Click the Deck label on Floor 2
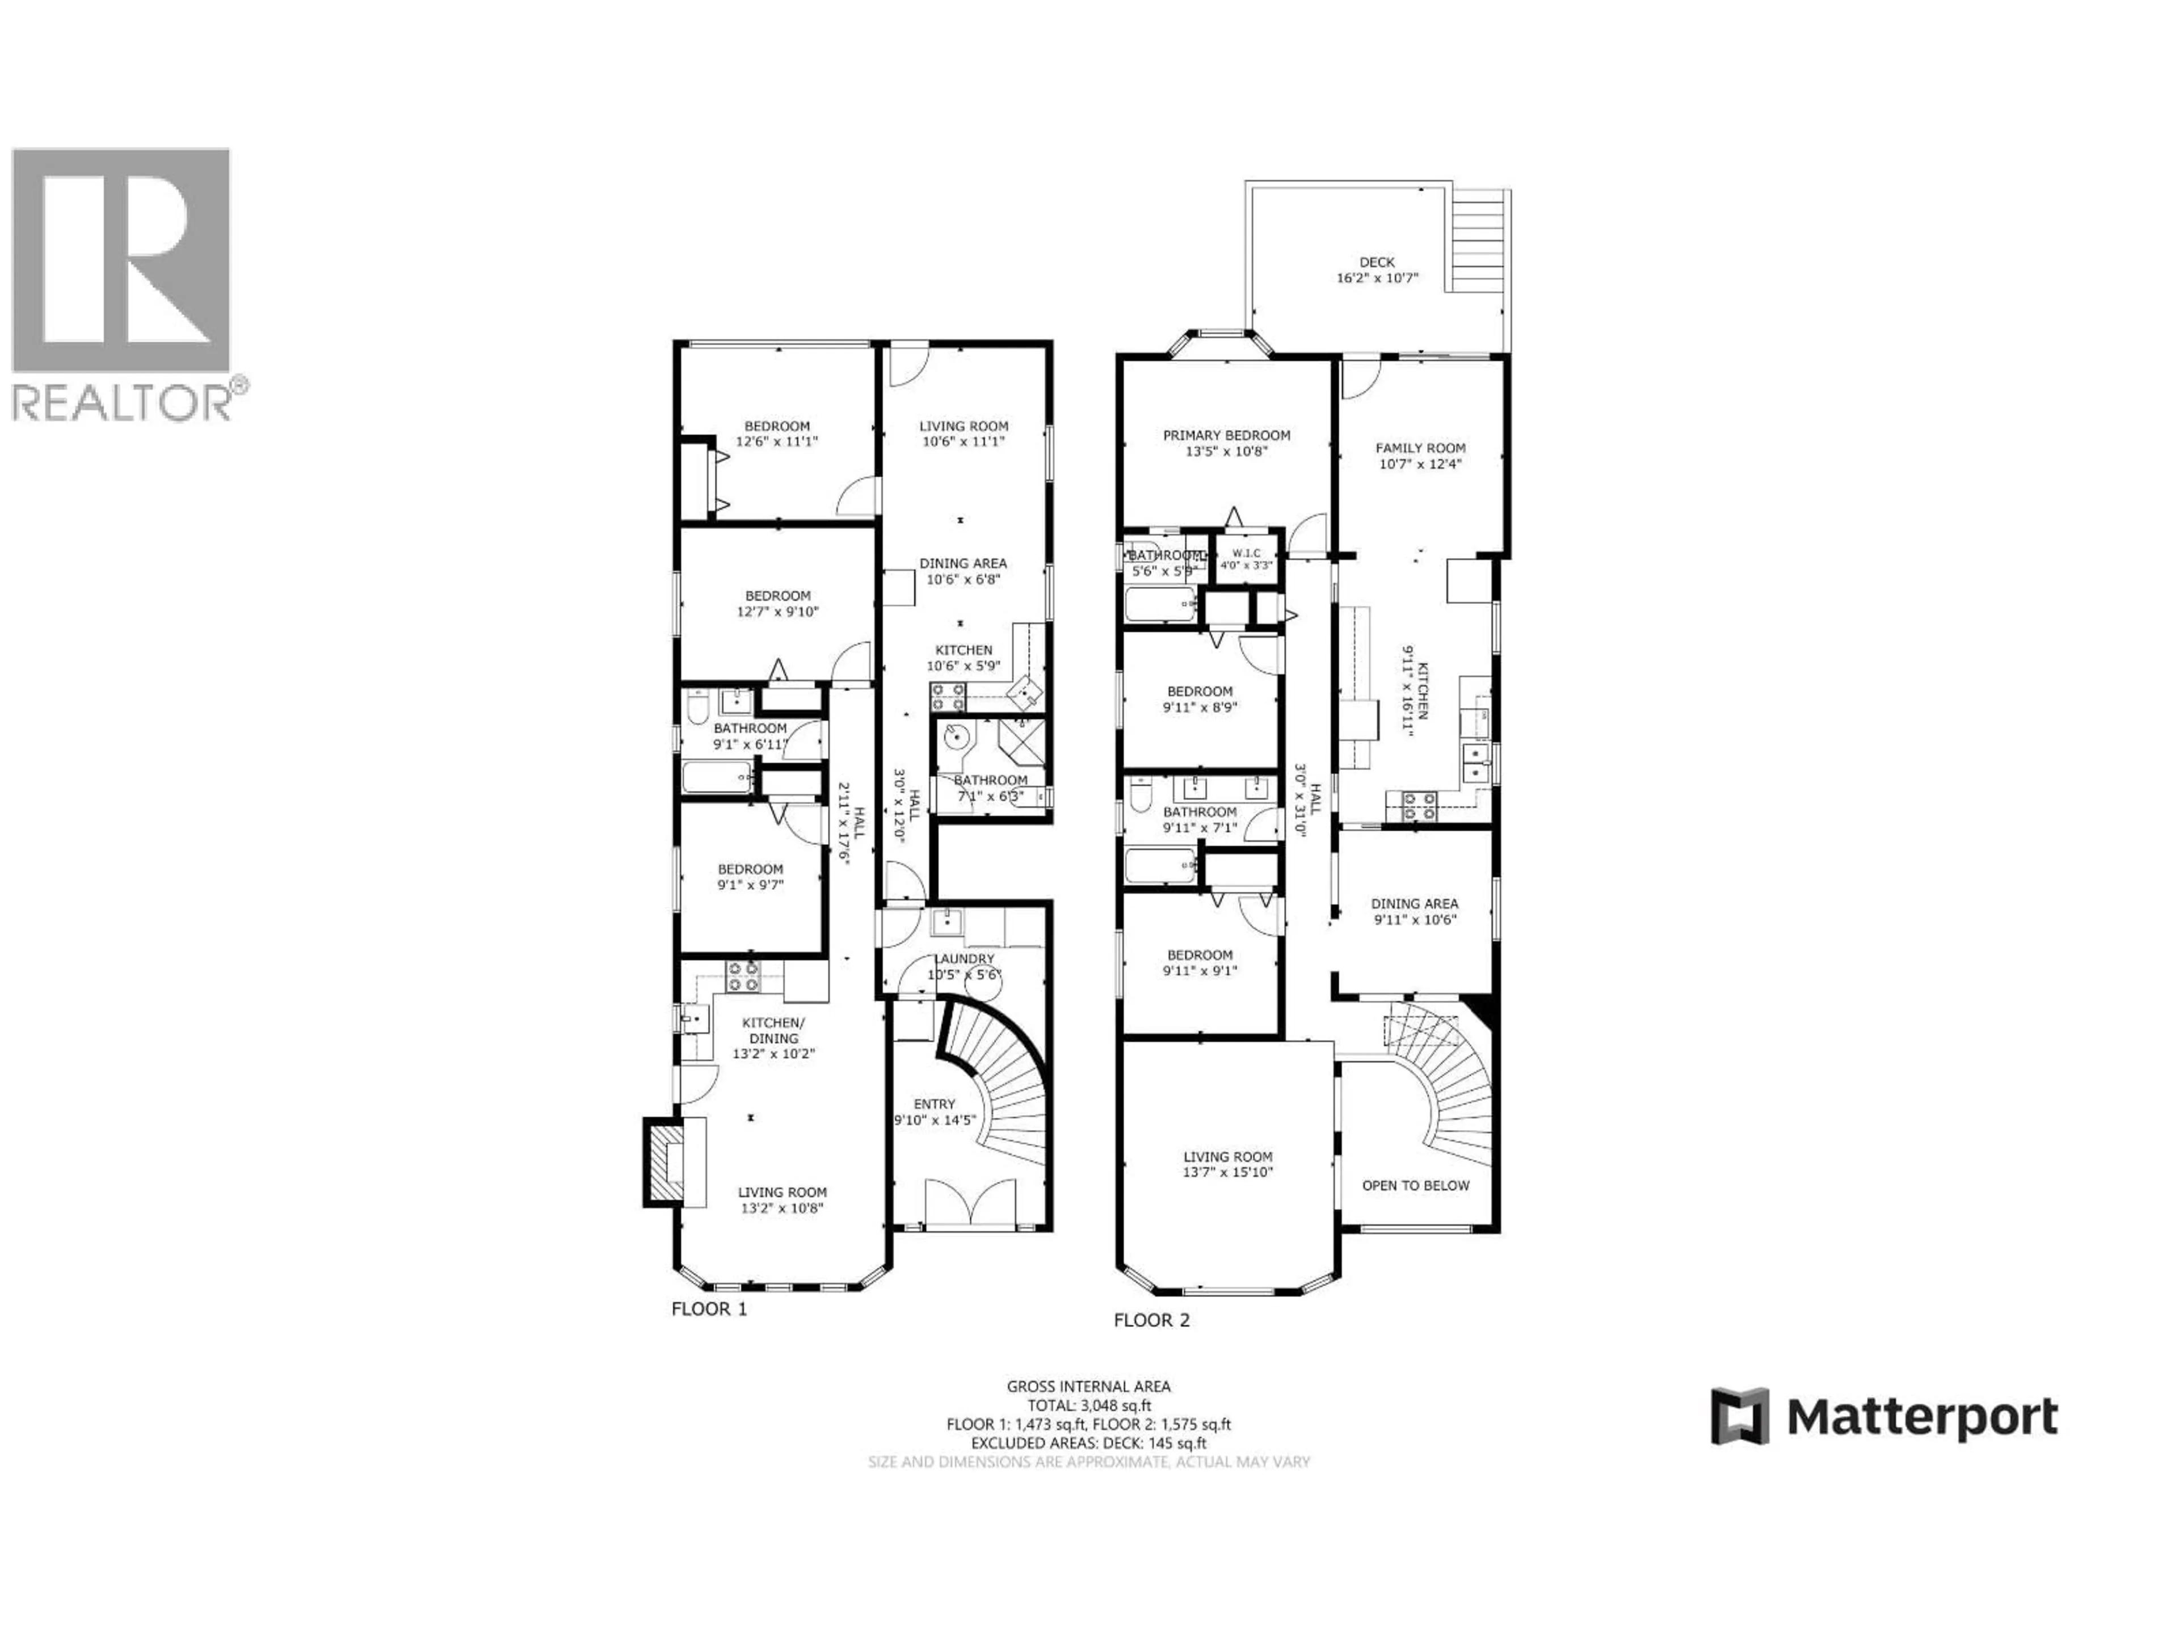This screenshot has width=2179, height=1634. click(1376, 262)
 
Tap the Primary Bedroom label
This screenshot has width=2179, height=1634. click(1226, 435)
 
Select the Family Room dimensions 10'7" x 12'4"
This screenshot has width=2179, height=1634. click(1420, 464)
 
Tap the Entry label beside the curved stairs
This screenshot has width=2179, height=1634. click(934, 1104)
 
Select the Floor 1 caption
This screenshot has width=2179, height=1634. click(708, 1309)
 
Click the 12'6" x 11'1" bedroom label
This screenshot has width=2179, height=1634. click(777, 435)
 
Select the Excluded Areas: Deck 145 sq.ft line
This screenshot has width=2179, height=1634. click(1088, 1443)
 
